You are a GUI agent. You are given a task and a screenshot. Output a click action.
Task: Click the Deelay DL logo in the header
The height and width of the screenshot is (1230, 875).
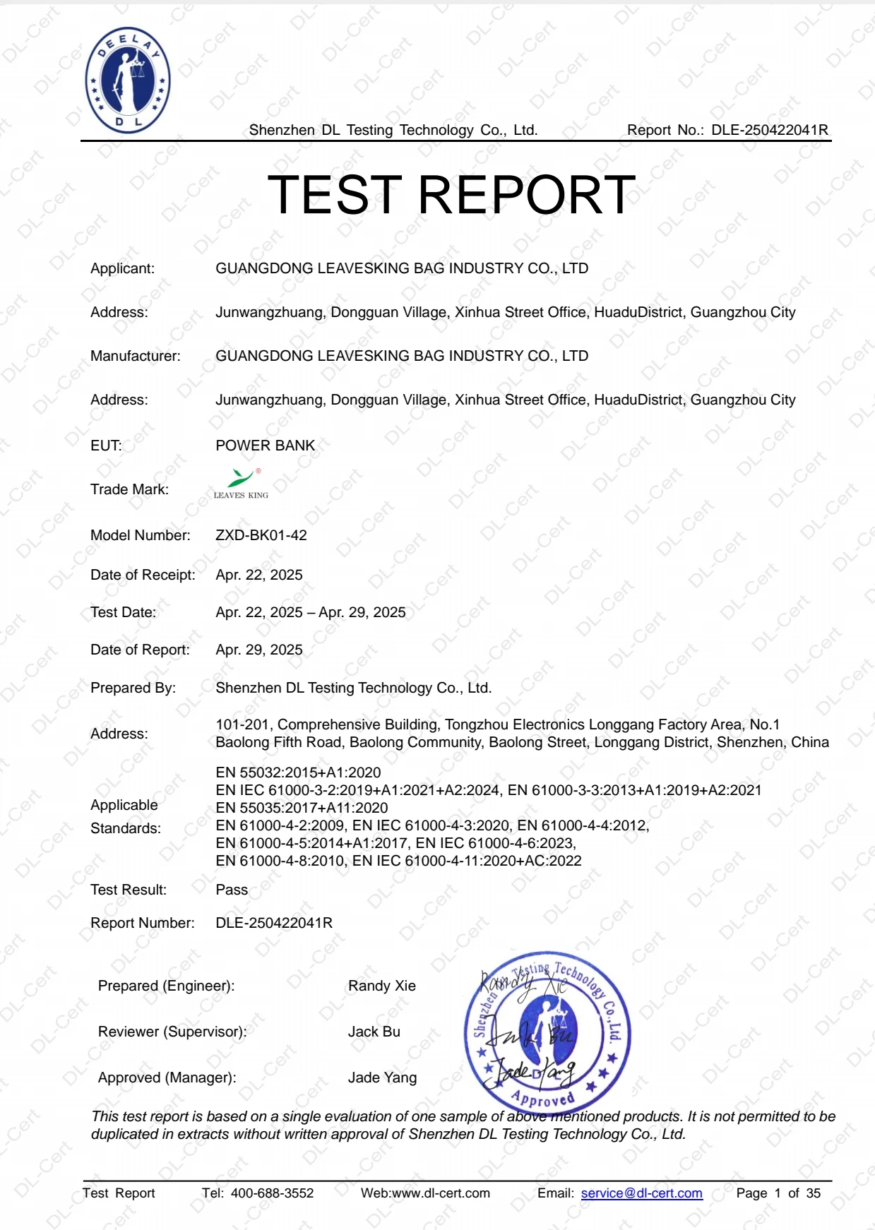[128, 80]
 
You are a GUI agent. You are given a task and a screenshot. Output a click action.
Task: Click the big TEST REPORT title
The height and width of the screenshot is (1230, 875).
[451, 195]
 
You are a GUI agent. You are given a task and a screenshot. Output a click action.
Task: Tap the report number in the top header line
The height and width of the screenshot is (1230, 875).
[769, 130]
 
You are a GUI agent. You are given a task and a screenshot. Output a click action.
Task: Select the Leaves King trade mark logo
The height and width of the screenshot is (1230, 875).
[241, 484]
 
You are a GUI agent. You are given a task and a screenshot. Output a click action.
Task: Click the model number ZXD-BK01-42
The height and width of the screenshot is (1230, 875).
[261, 535]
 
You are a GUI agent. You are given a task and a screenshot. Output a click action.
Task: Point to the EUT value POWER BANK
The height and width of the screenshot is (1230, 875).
[265, 446]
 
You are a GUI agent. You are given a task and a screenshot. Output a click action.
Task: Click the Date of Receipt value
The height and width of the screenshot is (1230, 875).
[259, 575]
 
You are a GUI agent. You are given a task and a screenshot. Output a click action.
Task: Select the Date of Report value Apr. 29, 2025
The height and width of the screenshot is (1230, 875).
[259, 650]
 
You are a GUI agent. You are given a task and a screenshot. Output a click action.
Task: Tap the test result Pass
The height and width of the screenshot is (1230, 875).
[232, 890]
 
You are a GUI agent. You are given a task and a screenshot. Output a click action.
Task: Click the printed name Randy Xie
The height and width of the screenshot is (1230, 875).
[381, 986]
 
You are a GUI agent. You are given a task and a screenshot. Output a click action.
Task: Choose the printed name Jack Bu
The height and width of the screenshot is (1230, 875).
[374, 1032]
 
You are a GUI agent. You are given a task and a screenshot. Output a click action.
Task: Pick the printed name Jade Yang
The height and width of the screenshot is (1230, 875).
[382, 1077]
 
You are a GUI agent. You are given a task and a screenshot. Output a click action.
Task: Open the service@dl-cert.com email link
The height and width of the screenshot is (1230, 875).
[641, 1193]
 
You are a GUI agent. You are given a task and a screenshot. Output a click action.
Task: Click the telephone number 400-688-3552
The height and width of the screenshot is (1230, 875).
[272, 1193]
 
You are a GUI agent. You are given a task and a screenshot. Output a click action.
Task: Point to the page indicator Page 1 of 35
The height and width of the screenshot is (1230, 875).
[778, 1193]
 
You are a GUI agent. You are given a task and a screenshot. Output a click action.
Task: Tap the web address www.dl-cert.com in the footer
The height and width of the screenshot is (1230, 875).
[440, 1193]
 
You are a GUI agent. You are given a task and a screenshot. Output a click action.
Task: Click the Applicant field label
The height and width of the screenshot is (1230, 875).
[122, 268]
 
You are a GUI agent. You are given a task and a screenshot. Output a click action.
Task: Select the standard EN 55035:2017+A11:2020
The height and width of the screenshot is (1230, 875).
[302, 808]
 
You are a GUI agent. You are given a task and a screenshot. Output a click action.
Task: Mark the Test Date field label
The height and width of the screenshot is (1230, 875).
[123, 612]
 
